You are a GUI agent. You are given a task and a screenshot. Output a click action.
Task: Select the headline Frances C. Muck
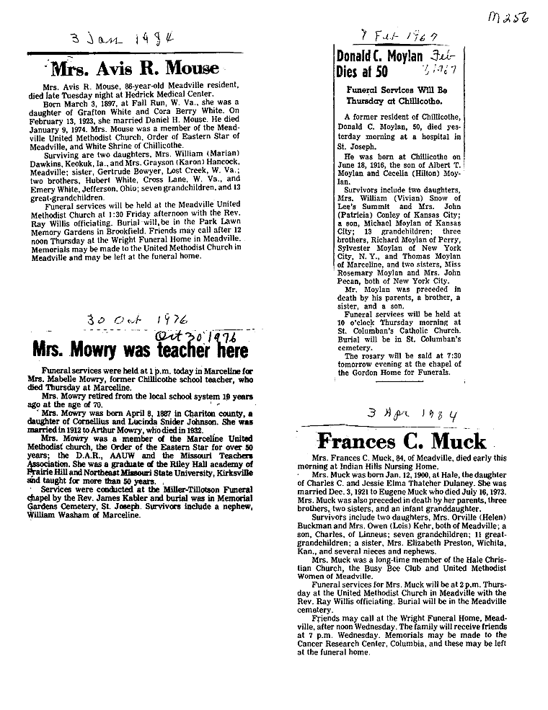pyautogui.click(x=402, y=440)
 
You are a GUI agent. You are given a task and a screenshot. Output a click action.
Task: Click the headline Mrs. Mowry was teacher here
pyautogui.click(x=140, y=350)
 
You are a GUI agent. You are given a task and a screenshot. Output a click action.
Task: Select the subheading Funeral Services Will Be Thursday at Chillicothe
pyautogui.click(x=397, y=97)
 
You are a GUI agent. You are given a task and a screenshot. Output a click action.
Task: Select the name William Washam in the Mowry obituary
pyautogui.click(x=60, y=496)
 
